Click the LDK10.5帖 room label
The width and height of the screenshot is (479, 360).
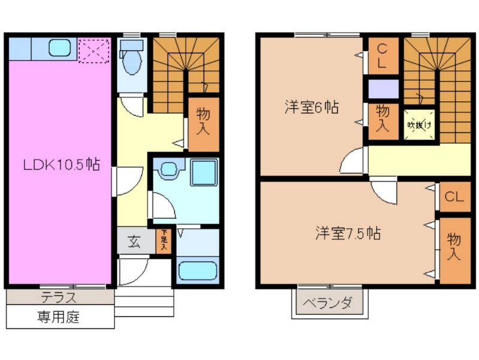61,164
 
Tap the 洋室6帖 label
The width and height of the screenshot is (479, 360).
311,108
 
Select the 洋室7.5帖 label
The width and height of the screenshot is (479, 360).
348,232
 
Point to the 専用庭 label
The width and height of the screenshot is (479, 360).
60,317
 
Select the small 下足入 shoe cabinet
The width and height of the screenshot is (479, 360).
162,241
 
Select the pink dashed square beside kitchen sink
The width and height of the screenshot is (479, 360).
93,50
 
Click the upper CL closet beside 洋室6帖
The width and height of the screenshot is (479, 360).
382,55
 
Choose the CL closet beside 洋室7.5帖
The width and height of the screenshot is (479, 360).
454,196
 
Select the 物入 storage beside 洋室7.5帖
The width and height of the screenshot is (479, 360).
454,246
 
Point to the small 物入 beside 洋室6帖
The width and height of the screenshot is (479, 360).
383,117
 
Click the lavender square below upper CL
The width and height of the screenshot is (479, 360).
383,89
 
